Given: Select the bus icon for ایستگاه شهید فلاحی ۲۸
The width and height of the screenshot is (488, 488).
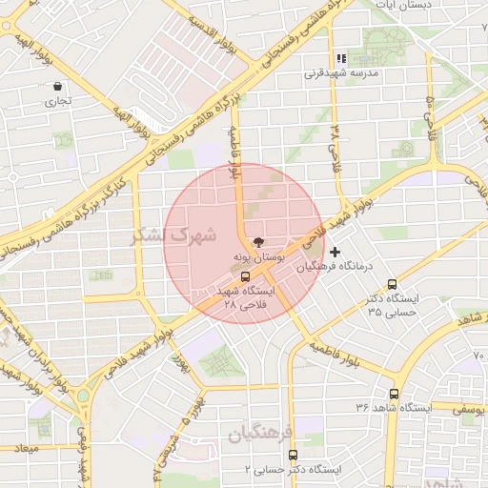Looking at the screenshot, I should (x=246, y=275).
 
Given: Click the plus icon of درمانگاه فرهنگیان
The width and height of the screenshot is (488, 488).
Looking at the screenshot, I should (x=334, y=251).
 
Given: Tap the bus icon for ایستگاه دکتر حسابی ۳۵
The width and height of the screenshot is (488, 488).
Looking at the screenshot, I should (x=393, y=283).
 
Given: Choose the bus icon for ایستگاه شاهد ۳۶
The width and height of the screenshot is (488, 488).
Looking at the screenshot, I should (x=394, y=393).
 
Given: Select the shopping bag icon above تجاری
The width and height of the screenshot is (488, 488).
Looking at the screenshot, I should (x=58, y=86).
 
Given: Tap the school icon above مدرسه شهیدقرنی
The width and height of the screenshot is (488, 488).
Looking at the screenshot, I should (x=340, y=58).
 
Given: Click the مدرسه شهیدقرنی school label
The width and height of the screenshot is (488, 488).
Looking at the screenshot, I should (x=341, y=72).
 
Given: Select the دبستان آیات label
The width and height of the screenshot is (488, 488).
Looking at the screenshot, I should (x=403, y=5).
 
